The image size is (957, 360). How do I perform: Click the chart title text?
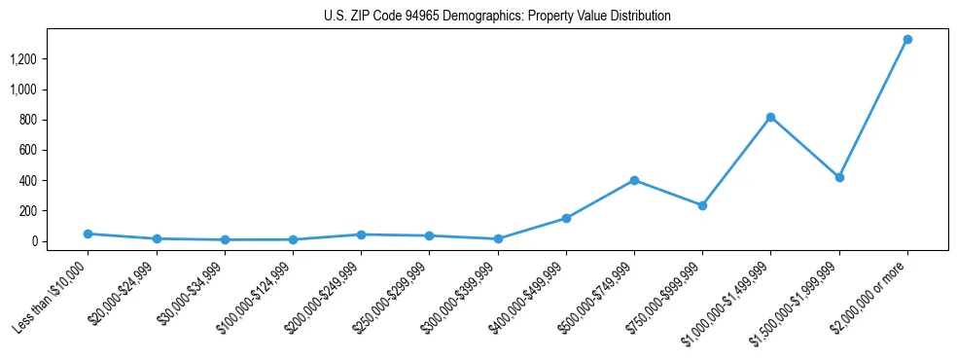click(x=497, y=17)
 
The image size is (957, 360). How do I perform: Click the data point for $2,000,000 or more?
click(x=907, y=40)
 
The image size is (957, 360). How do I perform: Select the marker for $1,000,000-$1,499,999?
click(x=770, y=118)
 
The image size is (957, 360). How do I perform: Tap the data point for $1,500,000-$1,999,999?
click(x=839, y=177)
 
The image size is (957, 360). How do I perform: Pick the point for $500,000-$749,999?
click(x=634, y=180)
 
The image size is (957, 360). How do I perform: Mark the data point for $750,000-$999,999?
click(x=702, y=205)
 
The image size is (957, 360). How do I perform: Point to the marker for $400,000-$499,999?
click(x=566, y=218)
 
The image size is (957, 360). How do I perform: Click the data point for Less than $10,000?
click(x=88, y=234)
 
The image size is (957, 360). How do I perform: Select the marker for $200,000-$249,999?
click(x=361, y=234)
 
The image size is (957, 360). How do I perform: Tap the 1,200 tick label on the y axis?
click(x=23, y=59)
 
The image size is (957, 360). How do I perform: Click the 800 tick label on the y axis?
click(x=27, y=120)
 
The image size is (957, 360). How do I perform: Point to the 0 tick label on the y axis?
click(x=33, y=241)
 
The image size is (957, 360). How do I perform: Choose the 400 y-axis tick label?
click(x=27, y=181)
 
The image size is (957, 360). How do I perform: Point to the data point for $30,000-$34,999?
click(x=225, y=239)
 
